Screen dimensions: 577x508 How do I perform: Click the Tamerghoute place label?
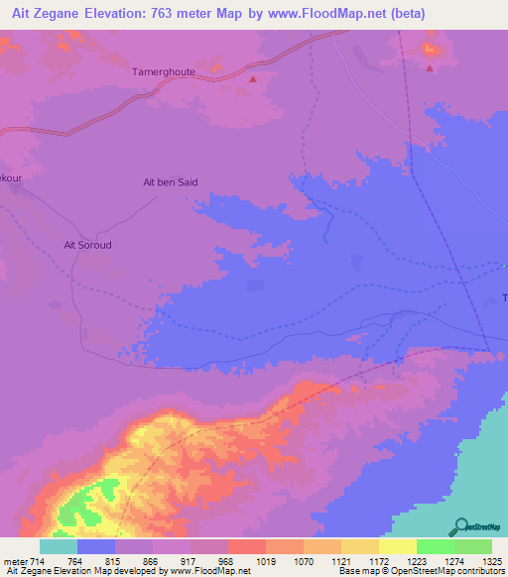[x=164, y=72]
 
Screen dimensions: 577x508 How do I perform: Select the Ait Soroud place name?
[x=87, y=245]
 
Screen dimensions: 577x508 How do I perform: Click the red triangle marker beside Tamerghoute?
[x=252, y=79]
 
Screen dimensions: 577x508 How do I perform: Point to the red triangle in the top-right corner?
[x=430, y=68]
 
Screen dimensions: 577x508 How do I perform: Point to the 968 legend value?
[x=226, y=561]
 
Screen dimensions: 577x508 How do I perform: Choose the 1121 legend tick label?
[x=340, y=561]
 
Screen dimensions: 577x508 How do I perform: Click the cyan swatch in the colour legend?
[x=59, y=546]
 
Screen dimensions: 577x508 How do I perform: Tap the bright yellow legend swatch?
[x=397, y=546]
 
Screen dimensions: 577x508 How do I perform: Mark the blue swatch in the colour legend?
[x=96, y=546]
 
